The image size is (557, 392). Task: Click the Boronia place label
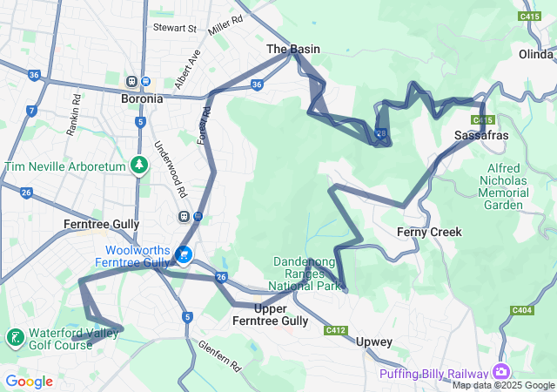[x=141, y=98]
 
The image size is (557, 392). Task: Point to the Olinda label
[x=536, y=54]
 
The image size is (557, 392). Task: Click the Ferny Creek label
[x=429, y=232]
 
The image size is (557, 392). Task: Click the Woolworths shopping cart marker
[x=184, y=254]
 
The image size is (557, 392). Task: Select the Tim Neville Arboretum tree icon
[x=138, y=165]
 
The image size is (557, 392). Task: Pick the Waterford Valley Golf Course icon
[x=15, y=338]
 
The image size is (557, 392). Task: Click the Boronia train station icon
[x=132, y=82]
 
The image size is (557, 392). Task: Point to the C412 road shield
[x=336, y=330]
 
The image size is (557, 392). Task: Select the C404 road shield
[x=522, y=310]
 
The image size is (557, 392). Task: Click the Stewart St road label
[x=175, y=28]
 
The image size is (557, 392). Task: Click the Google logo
[x=29, y=382]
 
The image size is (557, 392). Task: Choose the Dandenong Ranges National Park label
[x=306, y=273]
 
